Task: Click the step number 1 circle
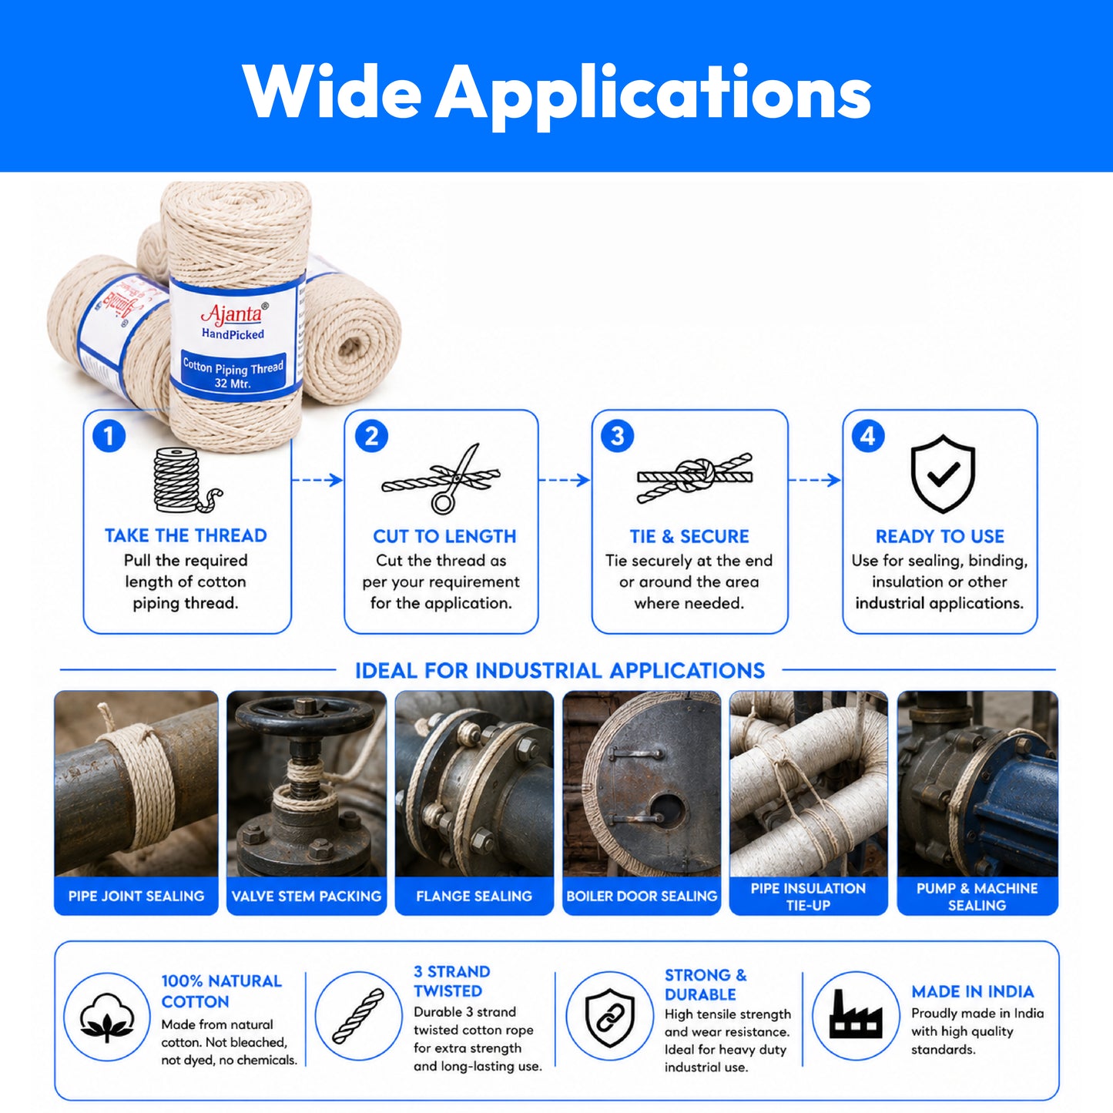pos(109,436)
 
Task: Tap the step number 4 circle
pos(868,436)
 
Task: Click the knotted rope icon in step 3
pos(695,477)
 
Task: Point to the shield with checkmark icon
pos(943,474)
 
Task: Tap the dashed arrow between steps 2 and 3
pos(565,479)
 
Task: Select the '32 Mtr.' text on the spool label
pos(233,382)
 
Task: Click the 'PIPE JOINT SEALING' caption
pos(136,896)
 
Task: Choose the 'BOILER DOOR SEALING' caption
pos(642,896)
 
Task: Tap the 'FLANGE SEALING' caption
pos(474,896)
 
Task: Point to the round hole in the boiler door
pos(668,807)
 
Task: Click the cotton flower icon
pos(107,1017)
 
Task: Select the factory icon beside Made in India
pos(856,1014)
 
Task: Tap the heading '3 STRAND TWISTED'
pos(451,981)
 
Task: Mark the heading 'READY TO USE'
pos(940,537)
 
